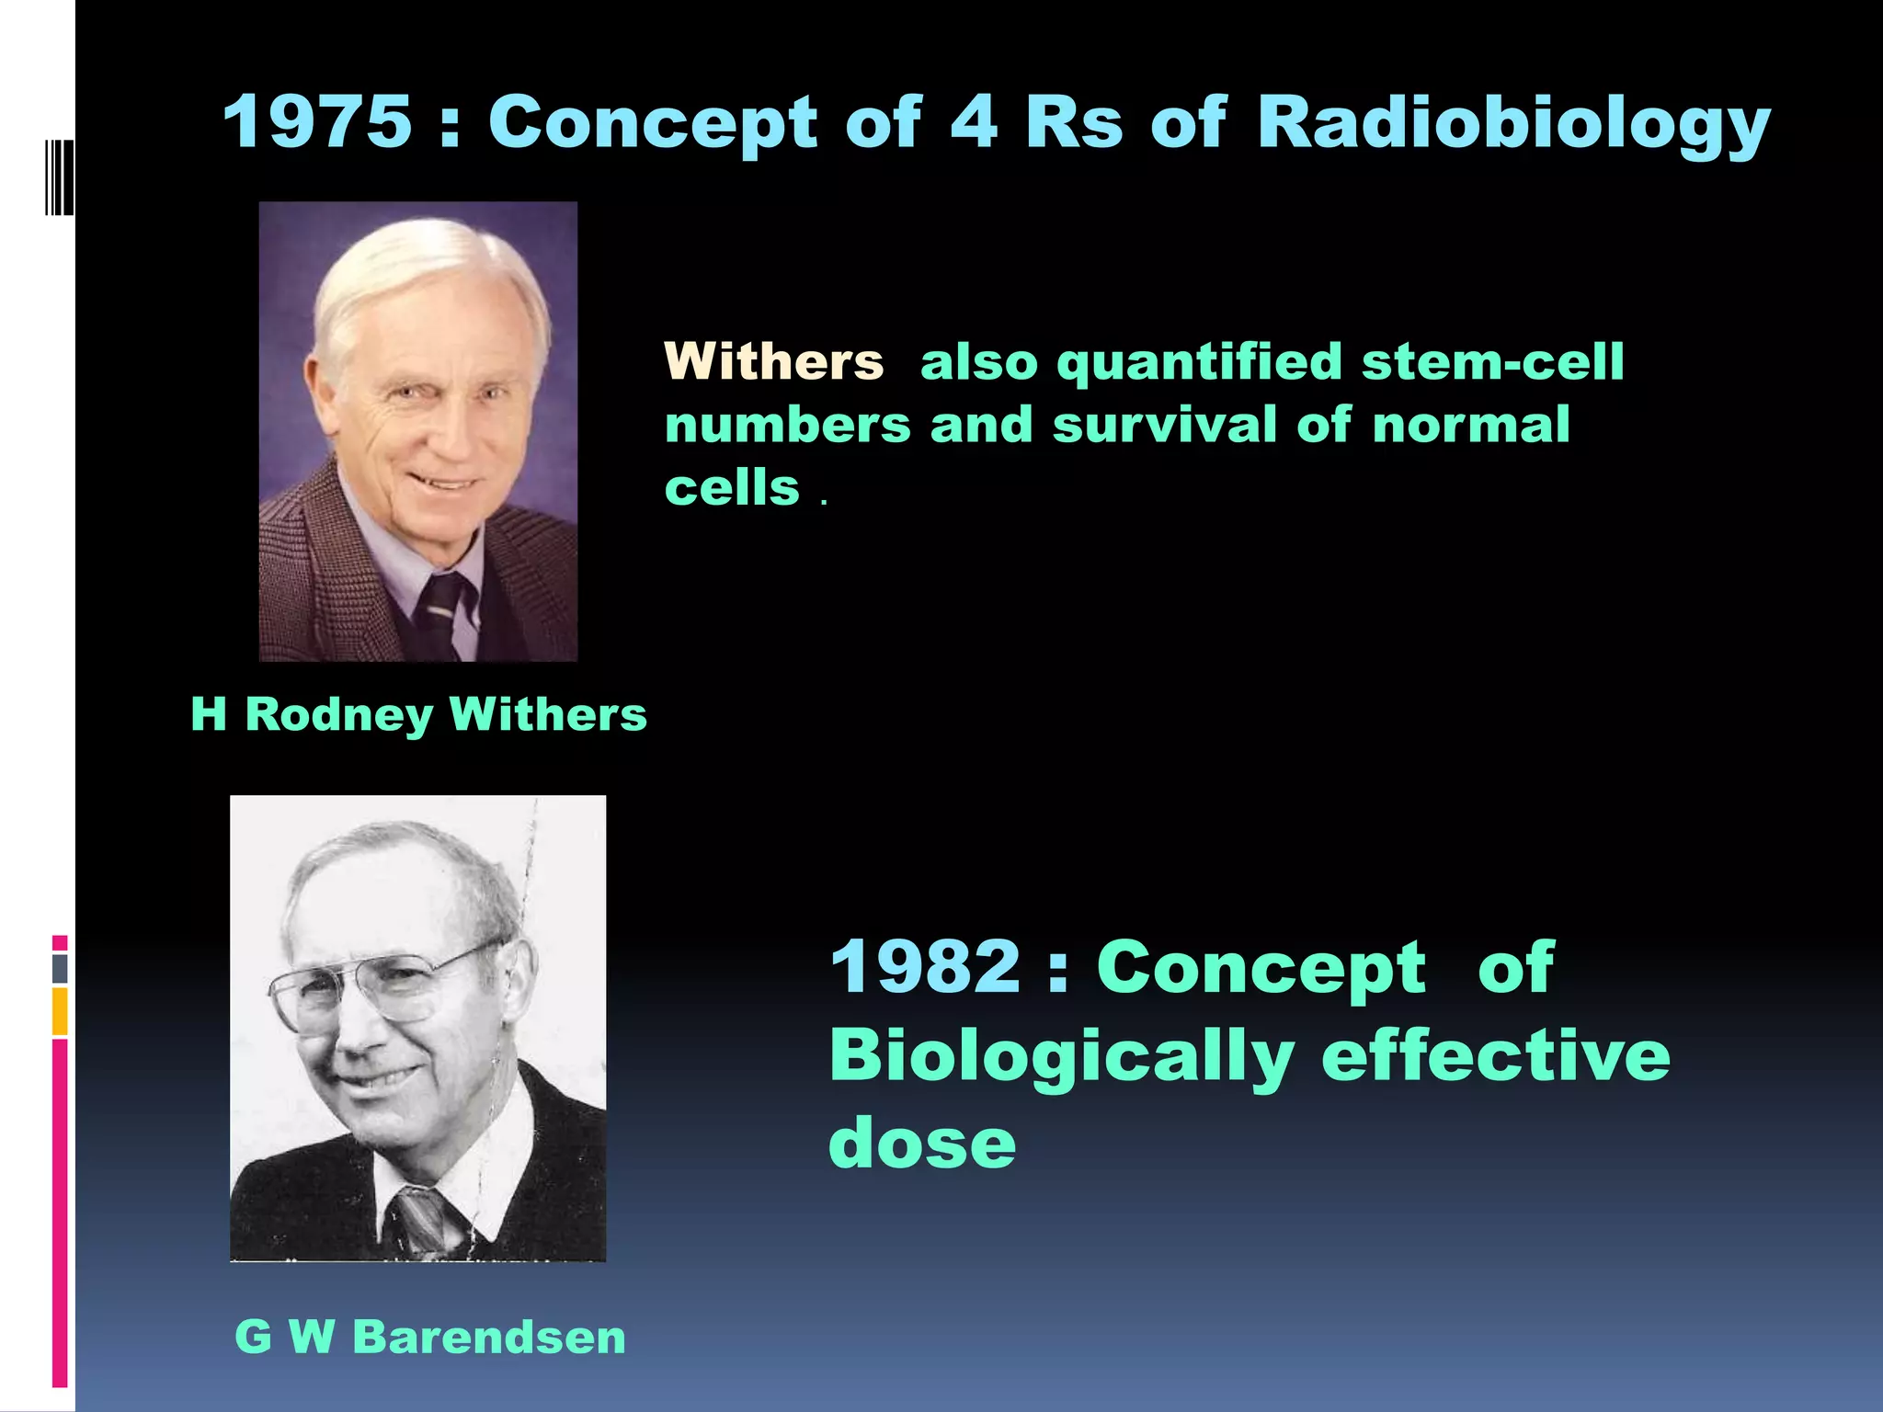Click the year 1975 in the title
tap(316, 121)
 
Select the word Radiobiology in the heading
tap(1512, 124)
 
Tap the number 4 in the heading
tap(973, 121)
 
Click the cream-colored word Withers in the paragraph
tap(773, 361)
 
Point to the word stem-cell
tap(1492, 361)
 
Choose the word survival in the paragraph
tap(1163, 425)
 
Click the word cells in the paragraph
tap(732, 487)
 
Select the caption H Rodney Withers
tap(418, 714)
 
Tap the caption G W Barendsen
tap(429, 1336)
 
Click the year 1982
tap(925, 967)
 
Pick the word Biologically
tap(1062, 1056)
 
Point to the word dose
tap(922, 1143)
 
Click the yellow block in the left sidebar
tap(60, 1010)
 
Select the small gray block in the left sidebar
tap(60, 968)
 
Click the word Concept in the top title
tap(652, 124)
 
